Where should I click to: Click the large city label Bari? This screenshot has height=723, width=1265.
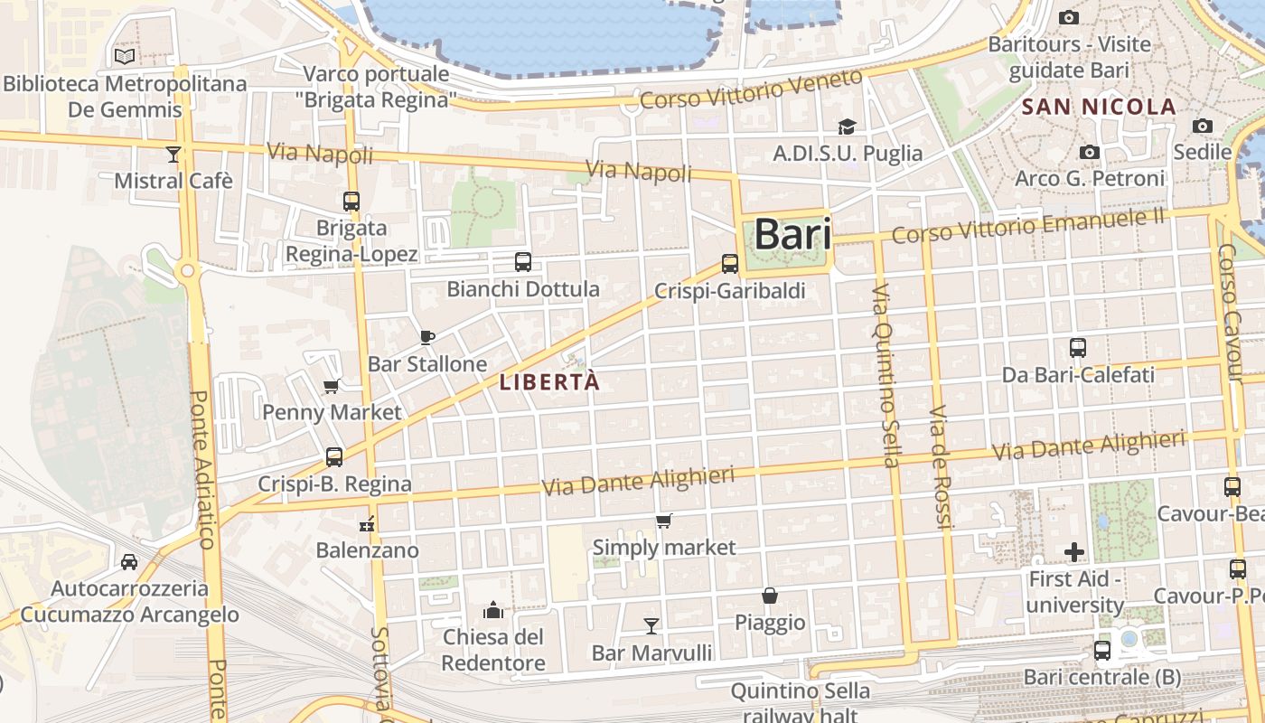(792, 234)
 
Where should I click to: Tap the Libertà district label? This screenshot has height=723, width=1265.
(549, 382)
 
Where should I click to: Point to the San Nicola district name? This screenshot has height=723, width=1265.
(1099, 107)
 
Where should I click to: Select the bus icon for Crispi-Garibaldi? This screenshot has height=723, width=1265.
(730, 264)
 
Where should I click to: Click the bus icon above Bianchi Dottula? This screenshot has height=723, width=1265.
(522, 262)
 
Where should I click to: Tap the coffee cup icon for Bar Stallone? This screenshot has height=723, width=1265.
(427, 338)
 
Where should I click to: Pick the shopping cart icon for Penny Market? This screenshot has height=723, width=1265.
(332, 387)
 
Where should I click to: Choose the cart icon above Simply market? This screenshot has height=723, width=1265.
(664, 521)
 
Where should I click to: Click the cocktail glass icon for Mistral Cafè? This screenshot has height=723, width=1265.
(173, 155)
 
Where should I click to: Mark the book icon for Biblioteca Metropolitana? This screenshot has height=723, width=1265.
(125, 57)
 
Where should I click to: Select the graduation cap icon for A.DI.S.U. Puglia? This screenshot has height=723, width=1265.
(847, 127)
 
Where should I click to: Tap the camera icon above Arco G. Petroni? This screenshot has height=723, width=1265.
(1090, 152)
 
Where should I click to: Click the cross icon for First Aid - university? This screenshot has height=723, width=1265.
(1074, 551)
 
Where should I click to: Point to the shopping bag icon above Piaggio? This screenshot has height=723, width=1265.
(770, 596)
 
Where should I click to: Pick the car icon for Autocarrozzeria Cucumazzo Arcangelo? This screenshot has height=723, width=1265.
(129, 561)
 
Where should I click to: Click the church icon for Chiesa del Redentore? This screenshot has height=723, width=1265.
(493, 610)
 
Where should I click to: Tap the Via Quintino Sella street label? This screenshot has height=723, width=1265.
(885, 375)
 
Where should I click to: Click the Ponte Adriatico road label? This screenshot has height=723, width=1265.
(201, 470)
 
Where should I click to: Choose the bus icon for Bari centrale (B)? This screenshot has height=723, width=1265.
(1102, 650)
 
